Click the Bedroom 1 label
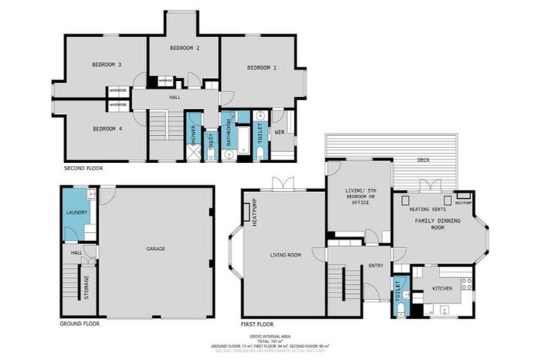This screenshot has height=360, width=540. click(262, 67)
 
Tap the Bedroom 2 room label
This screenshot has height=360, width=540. click(184, 48)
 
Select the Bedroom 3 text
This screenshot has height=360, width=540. click(107, 65)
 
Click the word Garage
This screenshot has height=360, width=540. click(155, 248)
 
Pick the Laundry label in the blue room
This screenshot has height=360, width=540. click(75, 212)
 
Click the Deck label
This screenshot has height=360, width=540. click(423, 160)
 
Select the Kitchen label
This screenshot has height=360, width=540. click(442, 288)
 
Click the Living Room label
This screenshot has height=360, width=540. click(285, 255)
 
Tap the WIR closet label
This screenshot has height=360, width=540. click(279, 131)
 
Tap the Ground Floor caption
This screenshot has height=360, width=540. click(79, 324)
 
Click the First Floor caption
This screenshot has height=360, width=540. click(257, 324)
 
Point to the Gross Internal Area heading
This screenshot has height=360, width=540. click(270, 337)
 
